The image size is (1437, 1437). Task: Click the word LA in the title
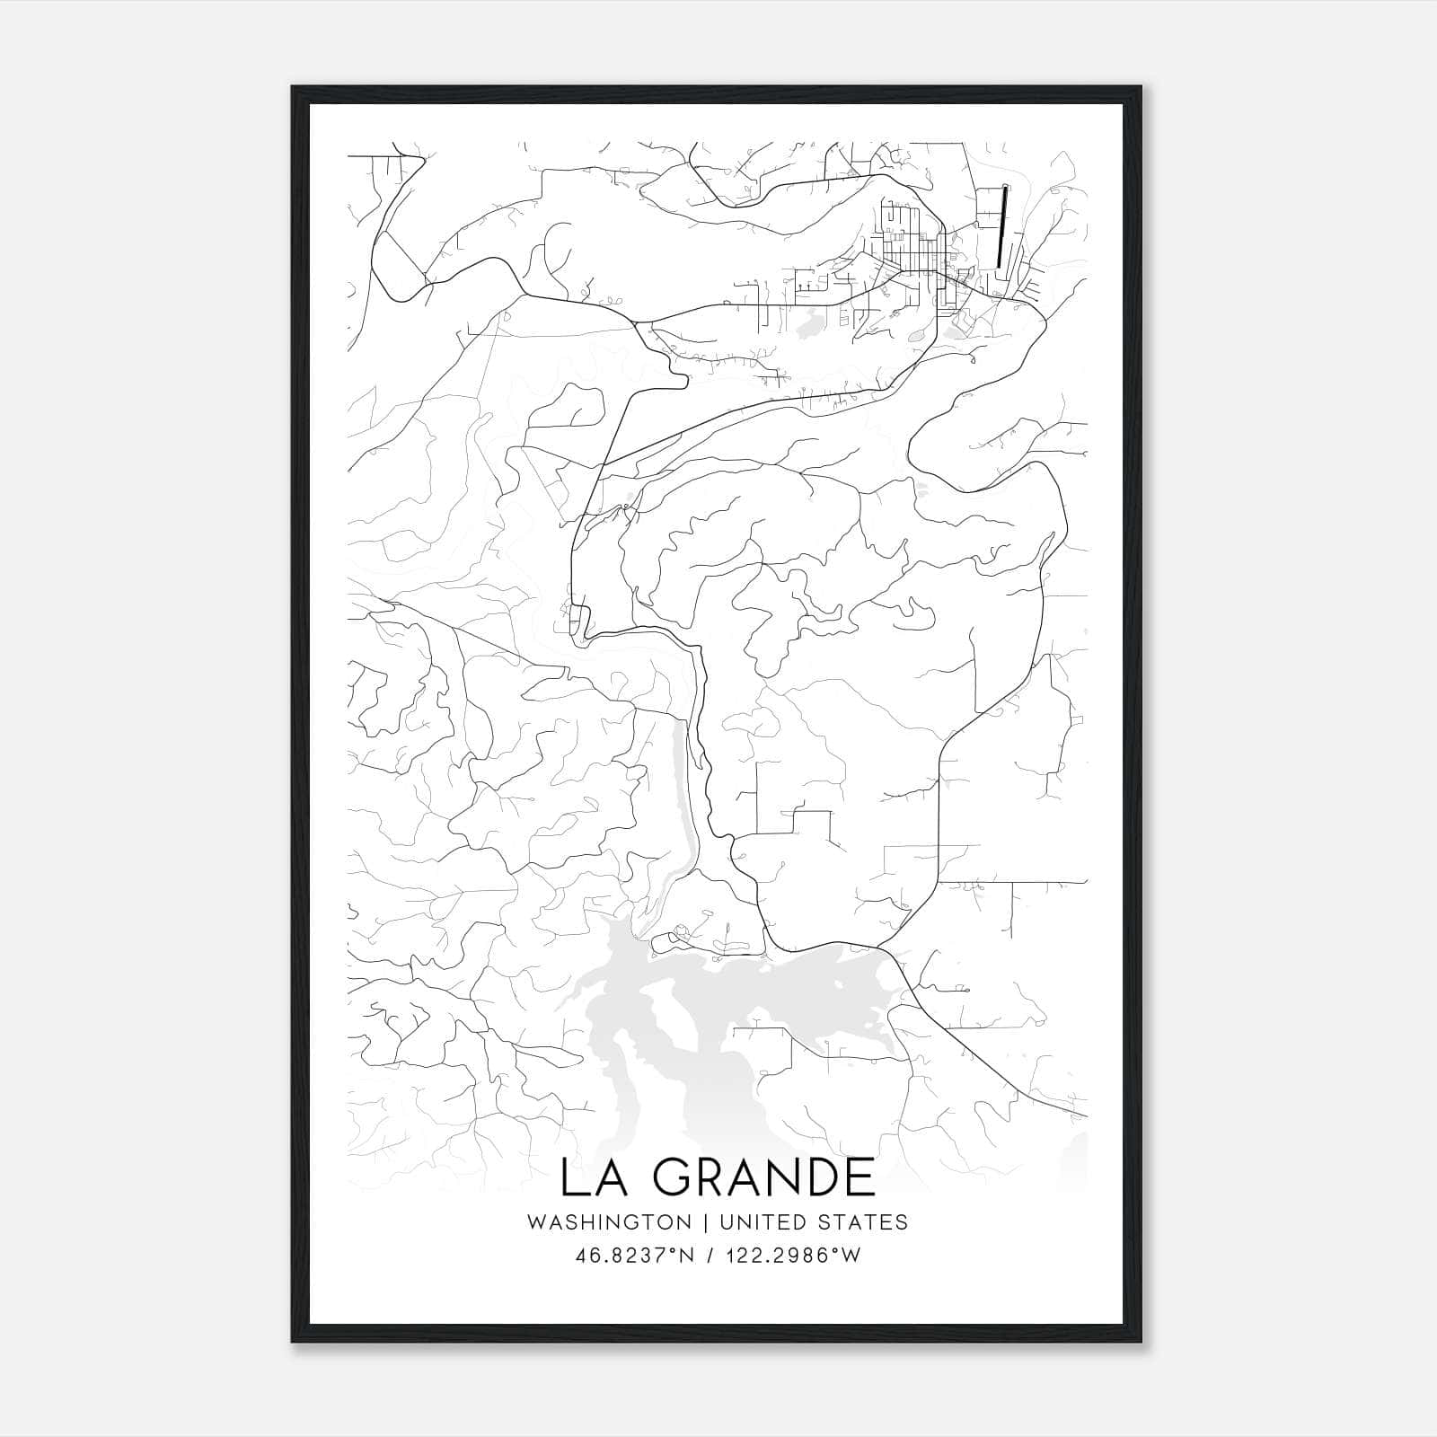click(x=591, y=1177)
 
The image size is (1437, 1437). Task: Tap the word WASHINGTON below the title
click(x=609, y=1222)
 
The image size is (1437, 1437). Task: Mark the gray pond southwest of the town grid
click(x=808, y=322)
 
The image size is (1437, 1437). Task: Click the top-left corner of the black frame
click(x=293, y=87)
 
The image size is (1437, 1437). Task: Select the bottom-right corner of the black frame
click(x=1142, y=1342)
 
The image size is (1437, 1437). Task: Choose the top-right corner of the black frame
click(x=1142, y=87)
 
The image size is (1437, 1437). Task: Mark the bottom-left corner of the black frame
click(x=293, y=1342)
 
